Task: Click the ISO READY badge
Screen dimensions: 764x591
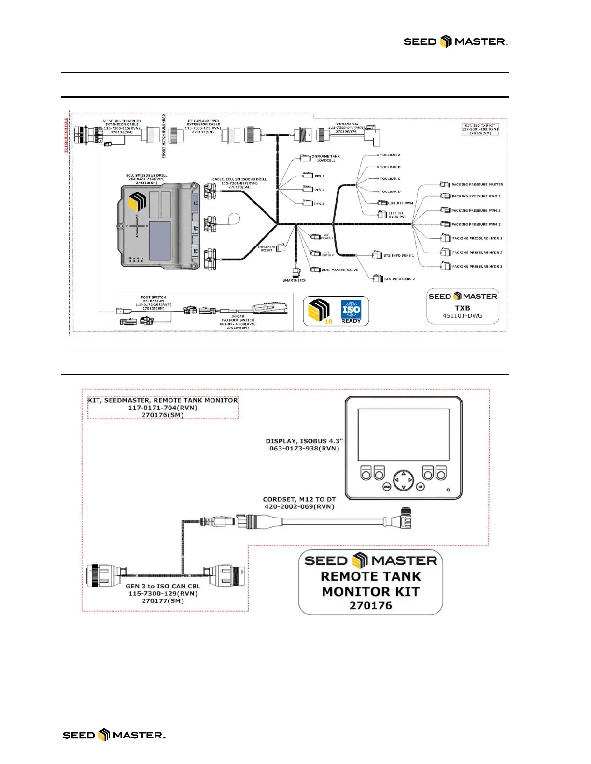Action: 351,312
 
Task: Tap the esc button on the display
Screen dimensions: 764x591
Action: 386,487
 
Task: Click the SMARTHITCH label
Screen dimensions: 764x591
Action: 295,280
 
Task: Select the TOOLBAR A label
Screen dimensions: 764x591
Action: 390,155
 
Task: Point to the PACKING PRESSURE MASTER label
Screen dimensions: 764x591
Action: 477,184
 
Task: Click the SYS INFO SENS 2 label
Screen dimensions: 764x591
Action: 399,279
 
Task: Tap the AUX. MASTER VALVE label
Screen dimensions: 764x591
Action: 340,270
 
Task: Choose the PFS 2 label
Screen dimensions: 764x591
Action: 319,190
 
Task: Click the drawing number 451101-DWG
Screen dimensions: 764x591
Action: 463,316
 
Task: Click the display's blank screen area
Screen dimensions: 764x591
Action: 403,435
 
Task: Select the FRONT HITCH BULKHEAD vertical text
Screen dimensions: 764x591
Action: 164,136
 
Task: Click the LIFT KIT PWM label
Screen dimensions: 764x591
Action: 401,203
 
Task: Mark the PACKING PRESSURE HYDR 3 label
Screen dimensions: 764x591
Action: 477,266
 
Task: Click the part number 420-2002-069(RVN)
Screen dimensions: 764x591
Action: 299,506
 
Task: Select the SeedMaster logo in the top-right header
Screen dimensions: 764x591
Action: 455,42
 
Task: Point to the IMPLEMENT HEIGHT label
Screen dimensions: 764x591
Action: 267,248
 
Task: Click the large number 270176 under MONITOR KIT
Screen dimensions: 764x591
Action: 370,605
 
